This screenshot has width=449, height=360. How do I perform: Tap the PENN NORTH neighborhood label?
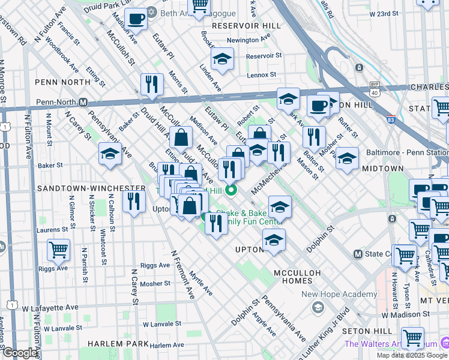point(59,82)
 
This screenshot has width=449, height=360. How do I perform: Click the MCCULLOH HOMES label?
point(299,273)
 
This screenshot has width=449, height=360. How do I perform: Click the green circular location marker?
point(231,191)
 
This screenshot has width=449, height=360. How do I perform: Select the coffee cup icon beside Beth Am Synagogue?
point(137,19)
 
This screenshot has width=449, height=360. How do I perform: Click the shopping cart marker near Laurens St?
point(59,249)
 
